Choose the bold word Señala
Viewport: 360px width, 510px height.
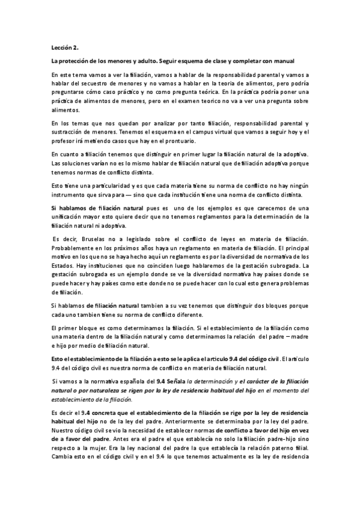click(173, 381)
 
